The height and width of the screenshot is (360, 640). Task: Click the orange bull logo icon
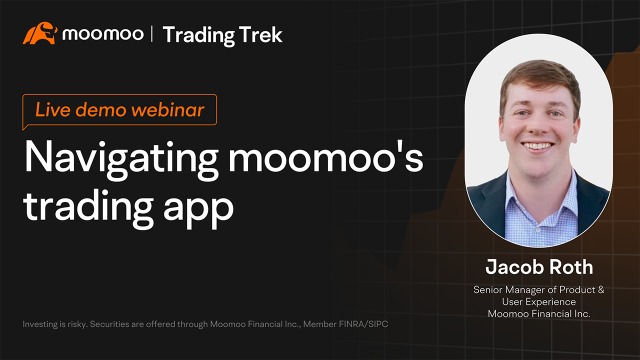[x=39, y=34]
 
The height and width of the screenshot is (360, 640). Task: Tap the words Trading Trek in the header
[x=222, y=35]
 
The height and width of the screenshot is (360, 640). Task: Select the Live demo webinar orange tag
[x=120, y=110]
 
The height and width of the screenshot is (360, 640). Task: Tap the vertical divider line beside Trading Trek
[x=152, y=35]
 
